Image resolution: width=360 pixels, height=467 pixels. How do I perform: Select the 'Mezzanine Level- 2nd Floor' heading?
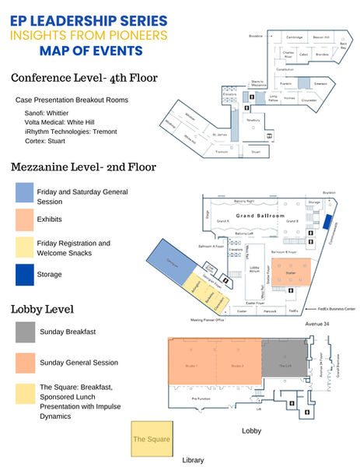[x=83, y=167]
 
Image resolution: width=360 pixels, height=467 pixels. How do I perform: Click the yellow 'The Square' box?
[x=152, y=439]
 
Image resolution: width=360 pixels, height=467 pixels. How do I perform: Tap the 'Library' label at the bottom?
[x=192, y=460]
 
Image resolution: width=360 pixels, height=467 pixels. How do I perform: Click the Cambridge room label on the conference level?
[x=294, y=37]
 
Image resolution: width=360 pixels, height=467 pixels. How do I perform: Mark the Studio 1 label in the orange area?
[x=192, y=366]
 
